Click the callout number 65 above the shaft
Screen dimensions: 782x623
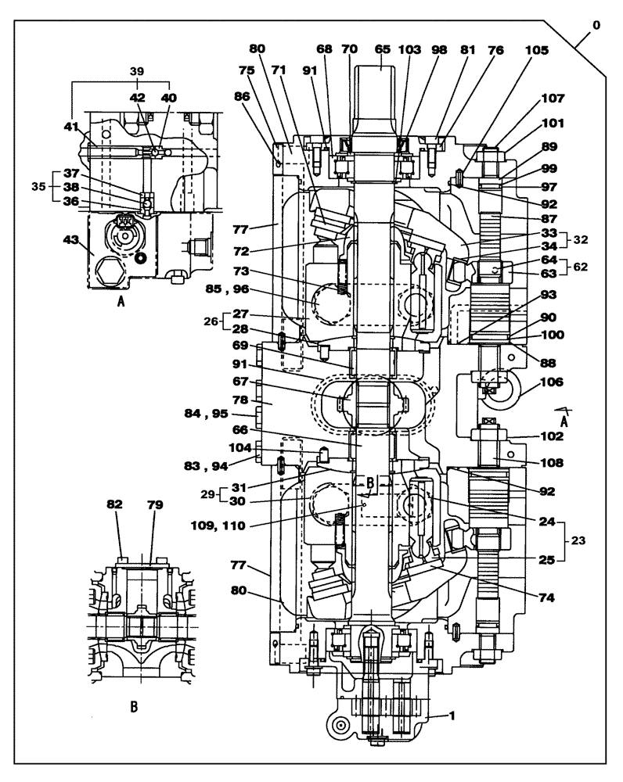382,48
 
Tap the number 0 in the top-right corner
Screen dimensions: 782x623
597,26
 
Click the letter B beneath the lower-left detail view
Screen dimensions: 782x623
134,706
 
